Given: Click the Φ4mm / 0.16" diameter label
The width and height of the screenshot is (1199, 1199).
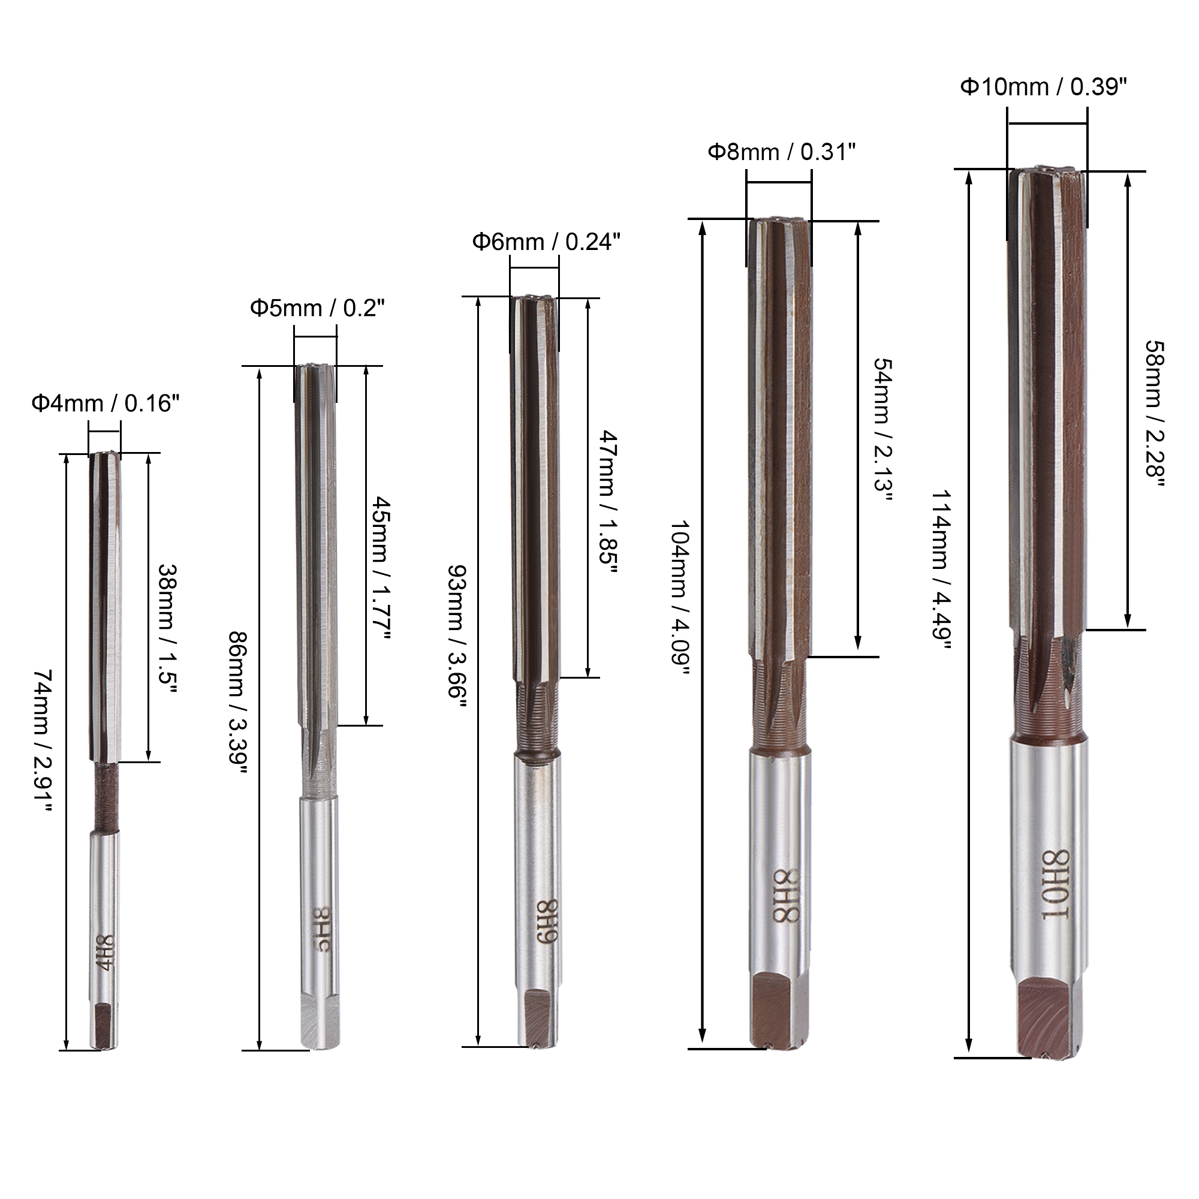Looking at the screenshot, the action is (106, 404).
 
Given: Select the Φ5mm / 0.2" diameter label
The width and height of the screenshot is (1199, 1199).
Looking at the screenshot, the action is (318, 308).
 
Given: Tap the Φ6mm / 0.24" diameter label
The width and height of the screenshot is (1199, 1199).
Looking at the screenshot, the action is (546, 242).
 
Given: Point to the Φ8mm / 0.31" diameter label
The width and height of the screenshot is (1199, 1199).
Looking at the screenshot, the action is (782, 152).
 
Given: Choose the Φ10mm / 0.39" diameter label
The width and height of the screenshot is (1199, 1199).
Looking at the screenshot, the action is (1044, 87).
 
